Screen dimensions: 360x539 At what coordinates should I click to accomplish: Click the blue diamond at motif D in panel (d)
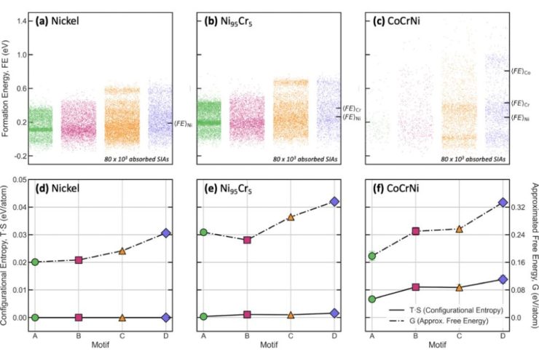tap(166, 233)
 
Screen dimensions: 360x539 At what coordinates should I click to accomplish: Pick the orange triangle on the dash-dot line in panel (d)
tap(122, 251)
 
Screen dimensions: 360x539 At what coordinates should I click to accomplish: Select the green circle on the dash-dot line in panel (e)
tap(204, 232)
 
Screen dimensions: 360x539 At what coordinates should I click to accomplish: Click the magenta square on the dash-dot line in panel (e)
tap(248, 240)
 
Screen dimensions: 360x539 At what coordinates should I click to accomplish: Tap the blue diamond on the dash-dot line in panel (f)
tap(503, 203)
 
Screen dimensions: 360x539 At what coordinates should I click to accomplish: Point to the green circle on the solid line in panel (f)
tap(372, 299)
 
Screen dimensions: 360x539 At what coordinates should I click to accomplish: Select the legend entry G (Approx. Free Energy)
tap(455, 320)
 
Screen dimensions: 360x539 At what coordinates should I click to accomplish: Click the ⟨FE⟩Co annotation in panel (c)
tap(520, 71)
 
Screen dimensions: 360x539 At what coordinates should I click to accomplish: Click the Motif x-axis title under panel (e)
tap(268, 345)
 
